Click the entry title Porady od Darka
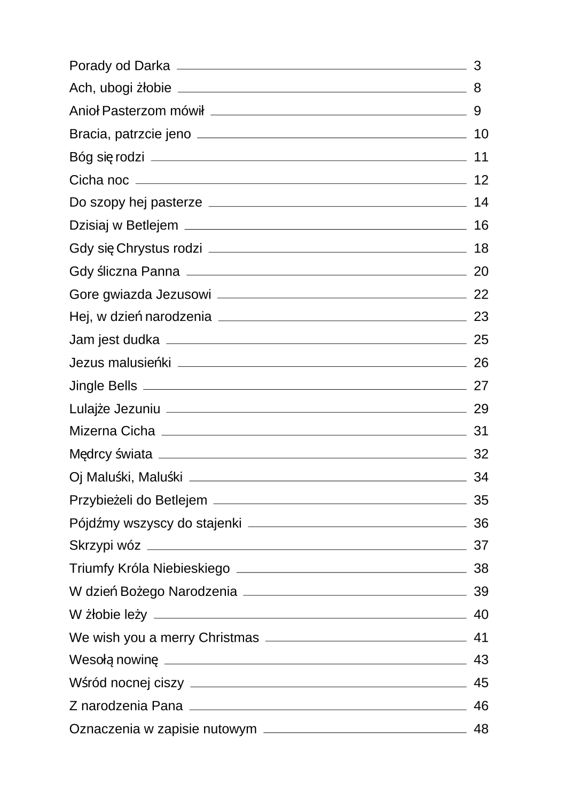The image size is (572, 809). point(120,66)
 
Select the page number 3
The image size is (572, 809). point(477,66)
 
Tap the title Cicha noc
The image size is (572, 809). point(99,180)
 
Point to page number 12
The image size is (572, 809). point(481,180)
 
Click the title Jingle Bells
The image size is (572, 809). point(103,386)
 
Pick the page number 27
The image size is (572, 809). point(481,386)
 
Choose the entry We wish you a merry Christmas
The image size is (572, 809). point(164,638)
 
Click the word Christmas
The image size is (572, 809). point(229,638)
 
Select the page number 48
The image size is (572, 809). point(481,729)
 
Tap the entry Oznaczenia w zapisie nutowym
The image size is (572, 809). point(163,729)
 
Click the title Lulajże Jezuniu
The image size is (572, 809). point(115,409)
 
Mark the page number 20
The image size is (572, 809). point(481,271)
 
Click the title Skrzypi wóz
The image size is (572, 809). point(105,545)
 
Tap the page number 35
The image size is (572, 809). point(481,500)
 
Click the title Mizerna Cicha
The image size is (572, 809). point(112,431)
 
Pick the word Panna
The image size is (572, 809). point(160,271)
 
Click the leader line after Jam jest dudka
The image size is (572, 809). point(316,343)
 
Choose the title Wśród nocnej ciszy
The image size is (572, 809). point(127,683)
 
